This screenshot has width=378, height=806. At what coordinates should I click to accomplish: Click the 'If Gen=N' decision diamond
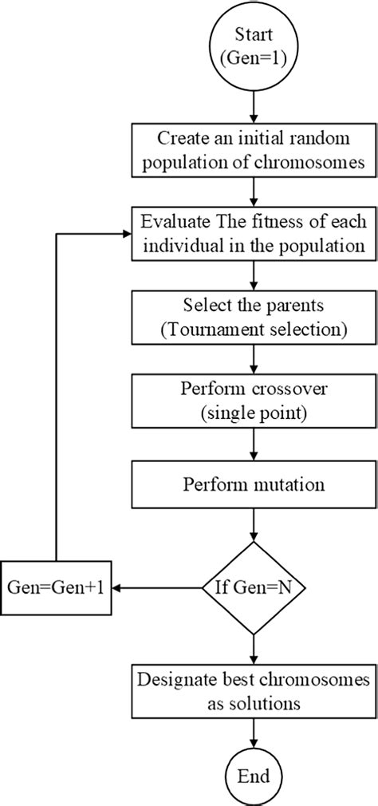point(252,588)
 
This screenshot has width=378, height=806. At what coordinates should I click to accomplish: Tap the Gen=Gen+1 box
point(56,588)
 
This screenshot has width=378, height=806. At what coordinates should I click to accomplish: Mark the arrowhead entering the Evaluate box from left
point(127,212)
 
